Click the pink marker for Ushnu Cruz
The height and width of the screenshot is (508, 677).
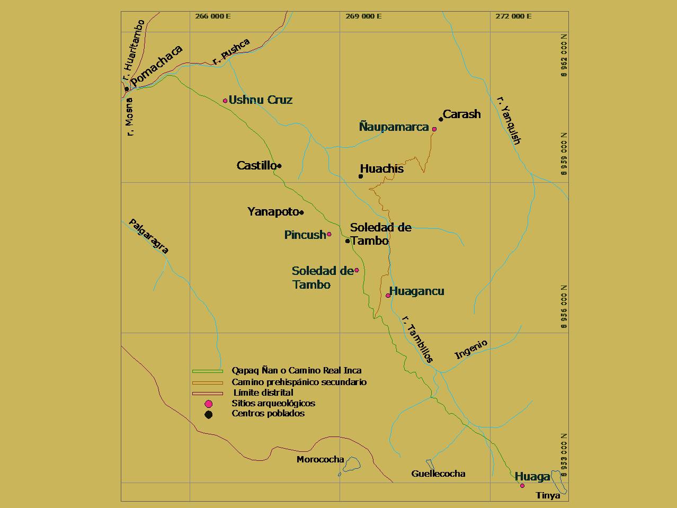point(225,101)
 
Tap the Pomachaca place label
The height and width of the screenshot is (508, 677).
point(156,66)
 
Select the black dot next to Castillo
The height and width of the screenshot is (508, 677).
point(279,166)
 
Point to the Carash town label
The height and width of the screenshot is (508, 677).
point(462,114)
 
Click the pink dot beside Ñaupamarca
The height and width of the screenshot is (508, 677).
point(434,129)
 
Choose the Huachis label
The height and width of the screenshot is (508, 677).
point(382,168)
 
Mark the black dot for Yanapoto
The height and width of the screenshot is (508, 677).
point(301,212)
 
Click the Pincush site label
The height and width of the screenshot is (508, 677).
point(305,235)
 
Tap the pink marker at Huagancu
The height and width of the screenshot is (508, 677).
point(388,296)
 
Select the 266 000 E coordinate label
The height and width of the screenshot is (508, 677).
point(212,16)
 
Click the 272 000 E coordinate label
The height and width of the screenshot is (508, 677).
point(513,16)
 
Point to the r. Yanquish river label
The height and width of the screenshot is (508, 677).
point(510,121)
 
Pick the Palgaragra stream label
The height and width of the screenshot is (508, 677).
point(149,236)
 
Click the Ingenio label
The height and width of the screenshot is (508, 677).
point(471,350)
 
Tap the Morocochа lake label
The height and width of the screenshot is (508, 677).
point(320,459)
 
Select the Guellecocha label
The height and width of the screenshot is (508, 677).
point(438,474)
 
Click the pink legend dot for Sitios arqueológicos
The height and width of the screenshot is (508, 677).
point(209,404)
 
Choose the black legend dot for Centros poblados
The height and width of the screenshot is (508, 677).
point(209,414)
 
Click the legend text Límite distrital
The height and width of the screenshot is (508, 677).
point(263,393)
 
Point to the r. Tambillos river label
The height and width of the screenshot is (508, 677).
point(418,339)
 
